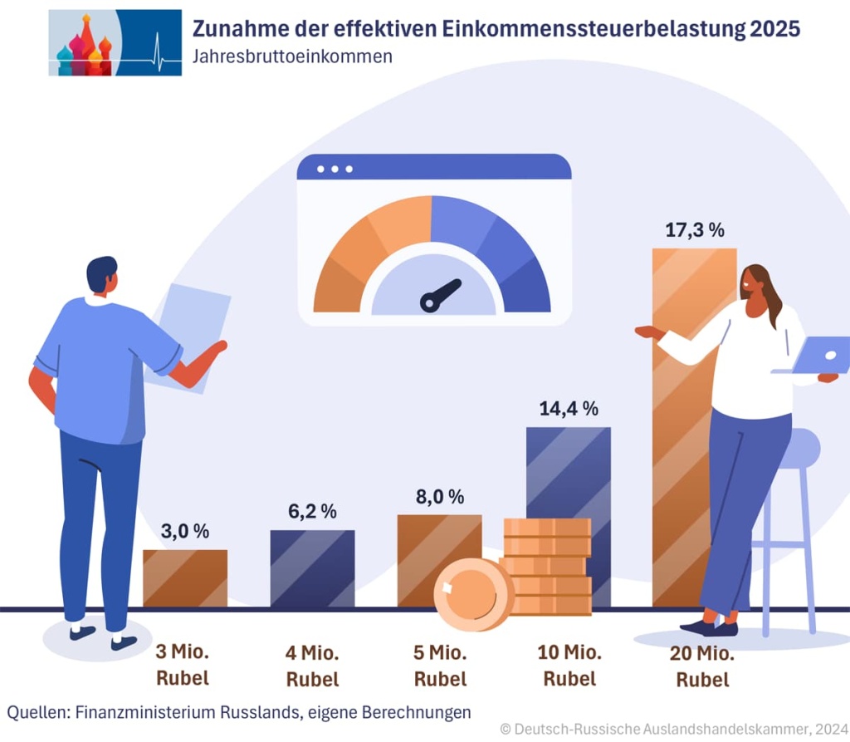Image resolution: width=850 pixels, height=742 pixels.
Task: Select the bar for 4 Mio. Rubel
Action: tap(312, 568)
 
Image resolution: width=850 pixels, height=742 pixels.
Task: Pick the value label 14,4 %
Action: tap(569, 408)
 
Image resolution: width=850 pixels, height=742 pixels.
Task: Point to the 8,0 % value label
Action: tap(439, 497)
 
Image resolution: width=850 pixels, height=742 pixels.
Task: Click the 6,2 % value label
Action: tap(312, 512)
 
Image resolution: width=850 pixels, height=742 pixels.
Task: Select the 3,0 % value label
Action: tap(184, 531)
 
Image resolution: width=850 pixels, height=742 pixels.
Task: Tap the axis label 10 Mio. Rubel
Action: tap(569, 665)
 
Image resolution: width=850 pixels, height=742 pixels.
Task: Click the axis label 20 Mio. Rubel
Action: tap(702, 666)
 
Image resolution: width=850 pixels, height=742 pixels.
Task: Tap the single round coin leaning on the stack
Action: tap(474, 593)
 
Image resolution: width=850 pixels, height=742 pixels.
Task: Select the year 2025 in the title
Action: tap(774, 29)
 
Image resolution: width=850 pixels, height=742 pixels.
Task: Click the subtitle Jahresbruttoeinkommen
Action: tap(291, 57)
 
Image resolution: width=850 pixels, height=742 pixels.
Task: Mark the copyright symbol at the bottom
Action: tap(506, 729)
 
